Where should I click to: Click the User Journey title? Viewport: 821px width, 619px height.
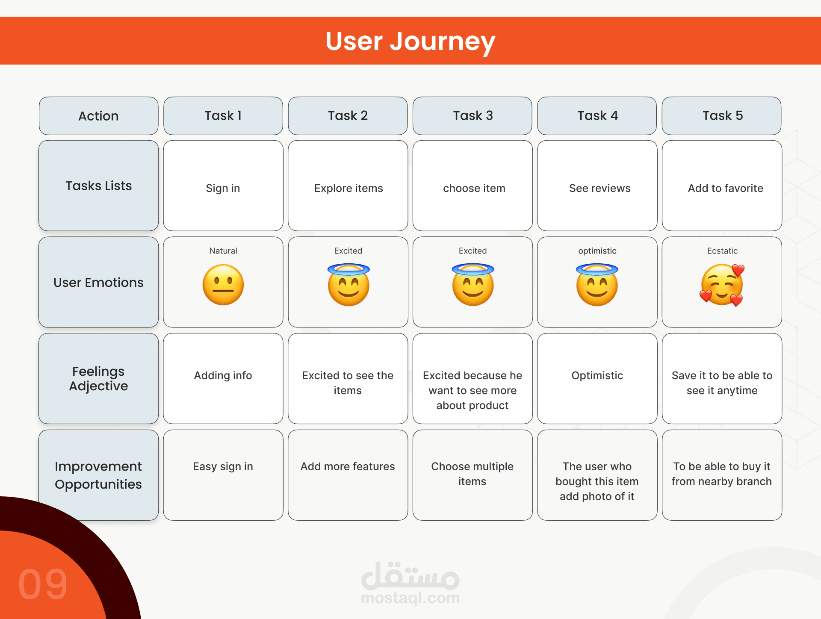click(x=410, y=41)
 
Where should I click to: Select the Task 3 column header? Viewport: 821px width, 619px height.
click(x=473, y=116)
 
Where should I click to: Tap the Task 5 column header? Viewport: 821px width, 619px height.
click(x=722, y=116)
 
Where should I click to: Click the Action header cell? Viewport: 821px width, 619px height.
click(x=98, y=116)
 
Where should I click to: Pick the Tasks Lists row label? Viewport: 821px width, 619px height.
click(x=98, y=186)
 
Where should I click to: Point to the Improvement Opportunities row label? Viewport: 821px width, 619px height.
click(x=98, y=475)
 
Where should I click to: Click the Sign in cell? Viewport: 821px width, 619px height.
click(x=223, y=186)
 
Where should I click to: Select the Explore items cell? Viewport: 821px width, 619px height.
click(x=348, y=186)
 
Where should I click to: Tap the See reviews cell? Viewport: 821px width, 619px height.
click(x=597, y=186)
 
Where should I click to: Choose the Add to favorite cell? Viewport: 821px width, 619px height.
click(x=722, y=186)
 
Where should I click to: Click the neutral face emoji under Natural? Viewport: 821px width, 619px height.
click(x=223, y=285)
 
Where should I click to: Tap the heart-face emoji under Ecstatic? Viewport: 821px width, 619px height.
click(x=722, y=285)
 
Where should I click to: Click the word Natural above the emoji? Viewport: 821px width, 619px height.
click(x=223, y=251)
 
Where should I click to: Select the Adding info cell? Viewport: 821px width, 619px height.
click(x=223, y=378)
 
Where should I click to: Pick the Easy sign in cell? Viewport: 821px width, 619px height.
click(x=223, y=475)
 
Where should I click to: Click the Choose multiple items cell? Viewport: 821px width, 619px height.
click(x=473, y=475)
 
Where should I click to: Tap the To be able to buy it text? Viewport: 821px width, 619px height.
click(x=722, y=466)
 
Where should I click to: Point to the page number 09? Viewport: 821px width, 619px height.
click(x=43, y=584)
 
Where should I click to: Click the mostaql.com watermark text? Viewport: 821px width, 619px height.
click(x=410, y=598)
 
